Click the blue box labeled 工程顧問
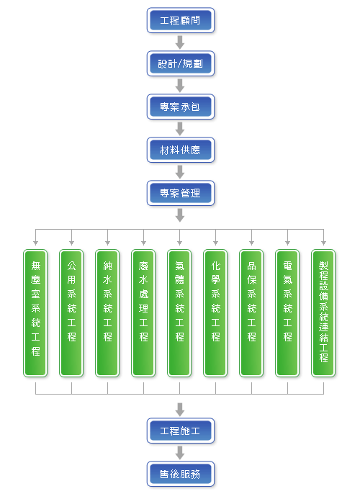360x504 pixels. (180, 20)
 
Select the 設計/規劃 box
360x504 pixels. (180, 63)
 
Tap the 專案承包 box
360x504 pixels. (180, 107)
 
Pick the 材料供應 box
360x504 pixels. (180, 150)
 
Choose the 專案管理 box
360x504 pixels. (180, 193)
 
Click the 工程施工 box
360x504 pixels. (180, 431)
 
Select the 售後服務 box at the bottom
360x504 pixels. (180, 474)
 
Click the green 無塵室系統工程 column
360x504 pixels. (35, 313)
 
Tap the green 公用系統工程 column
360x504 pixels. (71, 313)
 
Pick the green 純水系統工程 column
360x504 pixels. (107, 313)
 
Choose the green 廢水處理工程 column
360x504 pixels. (143, 313)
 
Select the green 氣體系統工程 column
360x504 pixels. (179, 313)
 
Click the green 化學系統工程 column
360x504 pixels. (215, 313)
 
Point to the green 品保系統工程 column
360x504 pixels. (251, 313)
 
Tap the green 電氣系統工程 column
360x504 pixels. (287, 313)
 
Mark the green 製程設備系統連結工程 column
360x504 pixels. (323, 313)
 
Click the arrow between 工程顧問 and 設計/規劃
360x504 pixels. (180, 42)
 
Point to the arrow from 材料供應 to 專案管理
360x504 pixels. (180, 172)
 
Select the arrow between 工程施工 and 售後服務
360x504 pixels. (180, 453)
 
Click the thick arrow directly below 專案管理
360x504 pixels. (180, 215)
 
